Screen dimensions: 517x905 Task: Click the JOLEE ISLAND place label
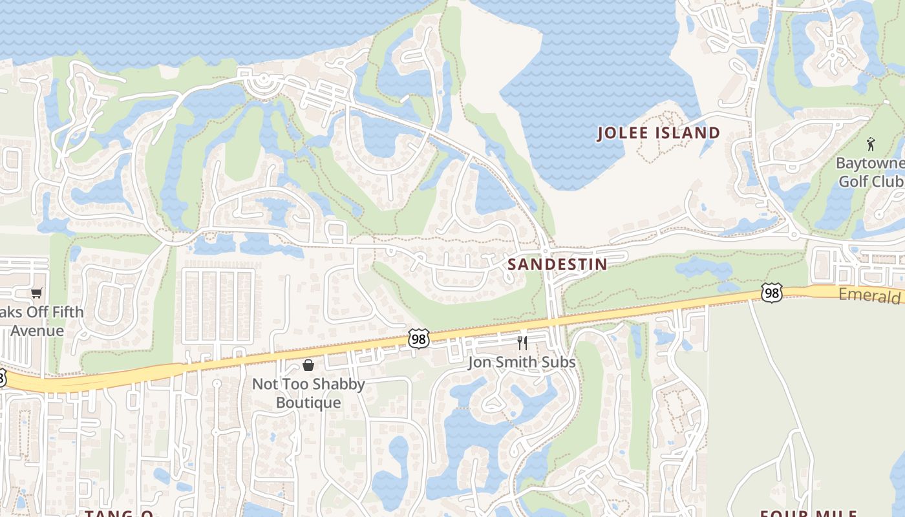pyautogui.click(x=658, y=133)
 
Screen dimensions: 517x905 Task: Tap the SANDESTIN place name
pyautogui.click(x=557, y=264)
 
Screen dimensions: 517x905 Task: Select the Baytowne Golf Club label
pyautogui.click(x=870, y=172)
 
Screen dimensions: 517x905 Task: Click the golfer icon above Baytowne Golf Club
pyautogui.click(x=871, y=144)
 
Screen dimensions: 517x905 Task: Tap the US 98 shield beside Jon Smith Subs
pyautogui.click(x=419, y=339)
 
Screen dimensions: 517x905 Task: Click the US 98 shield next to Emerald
pyautogui.click(x=772, y=292)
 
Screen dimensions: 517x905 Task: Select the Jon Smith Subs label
pyautogui.click(x=522, y=362)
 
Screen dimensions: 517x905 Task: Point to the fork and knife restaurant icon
pyautogui.click(x=522, y=343)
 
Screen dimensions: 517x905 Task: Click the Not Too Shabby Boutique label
pyautogui.click(x=308, y=393)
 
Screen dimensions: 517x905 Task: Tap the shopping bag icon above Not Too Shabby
pyautogui.click(x=308, y=365)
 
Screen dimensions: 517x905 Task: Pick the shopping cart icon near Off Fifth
pyautogui.click(x=37, y=293)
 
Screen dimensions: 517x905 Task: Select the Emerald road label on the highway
pyautogui.click(x=870, y=295)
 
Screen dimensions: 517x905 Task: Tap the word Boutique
pyautogui.click(x=308, y=403)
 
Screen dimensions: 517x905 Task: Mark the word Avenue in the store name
pyautogui.click(x=37, y=331)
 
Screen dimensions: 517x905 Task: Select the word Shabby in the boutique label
pyautogui.click(x=343, y=384)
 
